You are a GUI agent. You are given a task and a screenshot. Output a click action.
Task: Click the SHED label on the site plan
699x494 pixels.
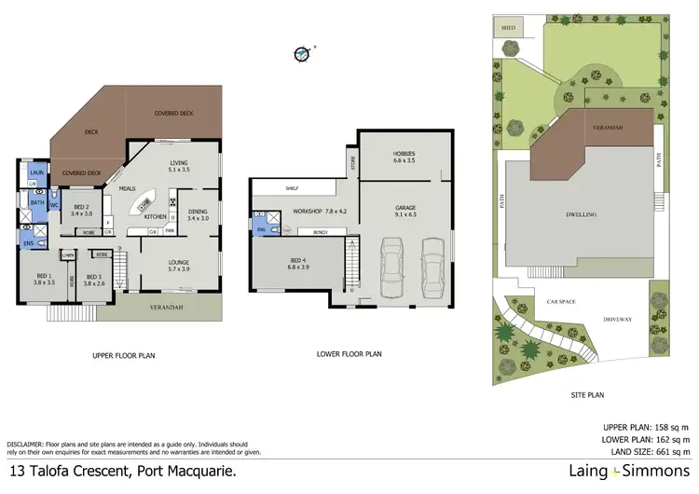click(508, 29)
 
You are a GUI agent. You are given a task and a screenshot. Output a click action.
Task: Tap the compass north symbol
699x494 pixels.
click(301, 54)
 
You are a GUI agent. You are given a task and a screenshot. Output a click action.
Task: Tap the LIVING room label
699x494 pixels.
click(178, 166)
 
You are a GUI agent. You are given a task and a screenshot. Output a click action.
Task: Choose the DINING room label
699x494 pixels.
click(198, 215)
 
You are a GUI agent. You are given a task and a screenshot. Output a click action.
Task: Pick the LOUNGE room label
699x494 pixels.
click(178, 266)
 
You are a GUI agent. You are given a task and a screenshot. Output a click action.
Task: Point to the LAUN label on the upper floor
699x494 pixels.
click(37, 173)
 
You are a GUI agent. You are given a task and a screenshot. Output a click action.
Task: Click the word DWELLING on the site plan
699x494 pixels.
click(581, 214)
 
